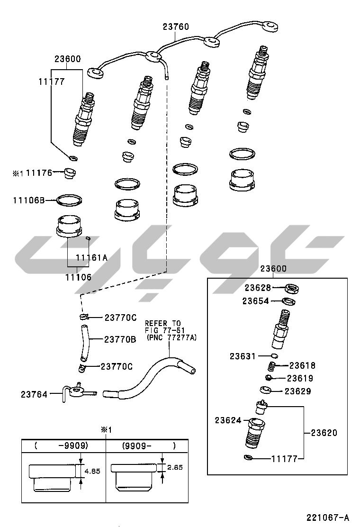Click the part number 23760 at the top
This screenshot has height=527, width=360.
[x=176, y=27]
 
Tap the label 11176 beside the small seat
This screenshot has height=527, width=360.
[x=39, y=173]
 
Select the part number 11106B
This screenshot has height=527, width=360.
[x=29, y=200]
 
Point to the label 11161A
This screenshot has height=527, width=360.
[x=92, y=257]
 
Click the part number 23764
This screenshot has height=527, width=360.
[x=34, y=394]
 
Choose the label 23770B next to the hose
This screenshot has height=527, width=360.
[x=120, y=339]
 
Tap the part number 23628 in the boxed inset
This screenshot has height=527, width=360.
[x=258, y=288]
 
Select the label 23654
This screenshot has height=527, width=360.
[x=256, y=301]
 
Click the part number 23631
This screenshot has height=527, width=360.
[x=243, y=356]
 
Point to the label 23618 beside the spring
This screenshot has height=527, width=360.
[x=303, y=365]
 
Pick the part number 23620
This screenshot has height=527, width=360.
[x=324, y=433]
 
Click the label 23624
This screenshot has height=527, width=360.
[x=228, y=420]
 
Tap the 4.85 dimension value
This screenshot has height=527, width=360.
[x=92, y=471]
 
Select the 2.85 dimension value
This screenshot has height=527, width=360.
[x=175, y=467]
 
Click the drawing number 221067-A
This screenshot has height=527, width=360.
[x=327, y=517]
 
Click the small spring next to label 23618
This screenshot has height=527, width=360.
[x=273, y=366]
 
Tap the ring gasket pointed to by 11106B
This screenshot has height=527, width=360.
[x=70, y=200]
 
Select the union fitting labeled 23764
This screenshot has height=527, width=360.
[x=79, y=391]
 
